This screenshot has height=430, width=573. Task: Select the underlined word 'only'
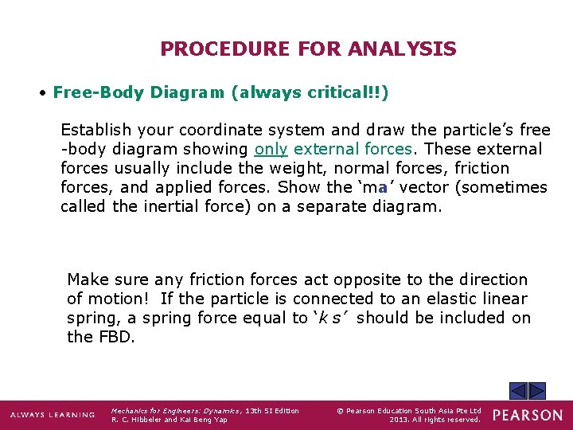click(x=271, y=149)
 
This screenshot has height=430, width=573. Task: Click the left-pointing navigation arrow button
click(x=518, y=391)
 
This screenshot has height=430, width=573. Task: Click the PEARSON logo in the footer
click(x=528, y=415)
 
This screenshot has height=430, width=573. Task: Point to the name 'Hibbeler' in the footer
click(x=146, y=420)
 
